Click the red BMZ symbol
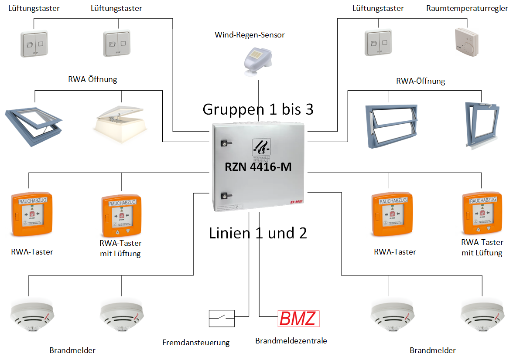(x=299, y=319)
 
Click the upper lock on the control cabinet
(x=226, y=143)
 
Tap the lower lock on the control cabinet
(x=226, y=196)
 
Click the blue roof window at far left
(x=34, y=119)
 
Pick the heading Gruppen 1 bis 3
(x=258, y=109)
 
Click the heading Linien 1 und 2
(x=258, y=233)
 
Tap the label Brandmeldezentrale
(x=291, y=341)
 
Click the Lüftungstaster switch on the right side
(x=378, y=43)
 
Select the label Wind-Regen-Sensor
(x=250, y=35)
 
